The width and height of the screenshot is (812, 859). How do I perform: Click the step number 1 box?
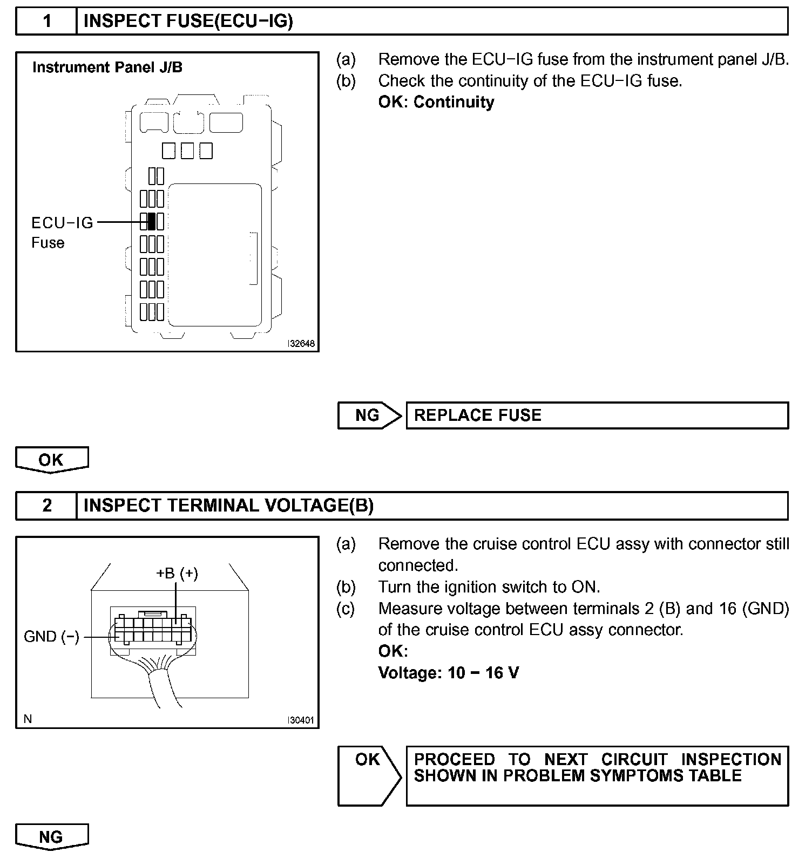tap(47, 21)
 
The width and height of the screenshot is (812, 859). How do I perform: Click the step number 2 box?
tap(47, 506)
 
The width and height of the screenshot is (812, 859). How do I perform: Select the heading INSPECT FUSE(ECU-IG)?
tap(188, 21)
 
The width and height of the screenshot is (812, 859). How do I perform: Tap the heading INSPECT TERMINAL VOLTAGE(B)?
tap(228, 506)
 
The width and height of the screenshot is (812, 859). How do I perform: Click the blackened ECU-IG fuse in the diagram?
tap(152, 221)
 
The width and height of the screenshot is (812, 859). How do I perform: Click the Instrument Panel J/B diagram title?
tap(107, 67)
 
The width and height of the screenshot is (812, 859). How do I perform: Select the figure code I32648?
tap(301, 344)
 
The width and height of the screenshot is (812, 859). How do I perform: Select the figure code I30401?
tap(301, 720)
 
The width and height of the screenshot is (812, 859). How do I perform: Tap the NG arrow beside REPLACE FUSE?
tap(369, 415)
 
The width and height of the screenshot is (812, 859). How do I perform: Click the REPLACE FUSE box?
tap(597, 415)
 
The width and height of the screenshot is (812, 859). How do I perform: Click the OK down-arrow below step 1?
tap(51, 460)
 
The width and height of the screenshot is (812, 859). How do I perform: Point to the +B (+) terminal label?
tap(177, 573)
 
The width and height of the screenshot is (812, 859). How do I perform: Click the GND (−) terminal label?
tap(51, 637)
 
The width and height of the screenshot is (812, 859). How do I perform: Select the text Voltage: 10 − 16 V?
tap(448, 673)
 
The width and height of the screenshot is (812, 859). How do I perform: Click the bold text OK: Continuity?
tap(436, 102)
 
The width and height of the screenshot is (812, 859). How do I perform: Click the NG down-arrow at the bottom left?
tap(51, 836)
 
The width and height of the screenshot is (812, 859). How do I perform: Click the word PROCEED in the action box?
tap(454, 759)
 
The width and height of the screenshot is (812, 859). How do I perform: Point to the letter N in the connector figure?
tap(28, 719)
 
